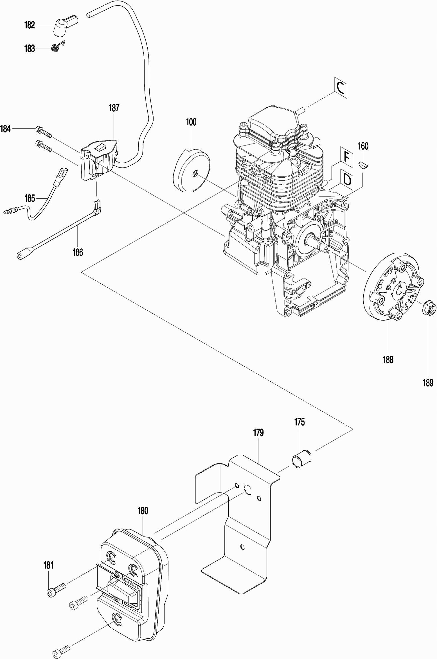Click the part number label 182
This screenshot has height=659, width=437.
tap(30, 25)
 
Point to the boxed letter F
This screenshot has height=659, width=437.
tap(347, 157)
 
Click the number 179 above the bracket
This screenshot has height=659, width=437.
tap(258, 433)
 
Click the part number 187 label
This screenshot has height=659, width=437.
tap(114, 108)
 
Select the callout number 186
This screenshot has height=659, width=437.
tap(78, 252)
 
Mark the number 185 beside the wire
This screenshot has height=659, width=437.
tap(30, 199)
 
